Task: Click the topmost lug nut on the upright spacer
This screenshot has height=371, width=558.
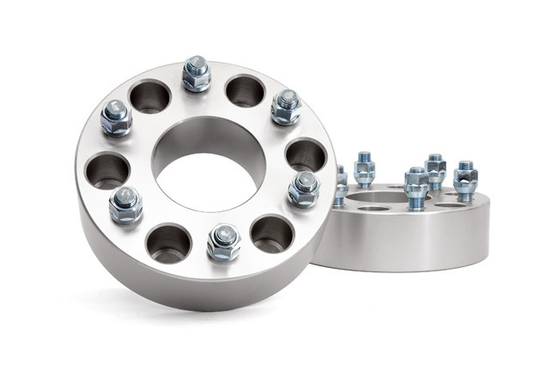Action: pyautogui.click(x=197, y=74)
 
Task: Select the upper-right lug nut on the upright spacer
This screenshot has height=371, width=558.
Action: pyautogui.click(x=286, y=106)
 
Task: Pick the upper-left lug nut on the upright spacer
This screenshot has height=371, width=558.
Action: pyautogui.click(x=116, y=118)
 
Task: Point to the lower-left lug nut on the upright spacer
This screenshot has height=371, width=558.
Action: pyautogui.click(x=126, y=204)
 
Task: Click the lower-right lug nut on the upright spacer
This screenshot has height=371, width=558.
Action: pyautogui.click(x=303, y=188)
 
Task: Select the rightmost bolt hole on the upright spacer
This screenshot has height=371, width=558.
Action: pyautogui.click(x=306, y=155)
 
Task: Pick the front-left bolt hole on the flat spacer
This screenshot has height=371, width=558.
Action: pyautogui.click(x=374, y=208)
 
